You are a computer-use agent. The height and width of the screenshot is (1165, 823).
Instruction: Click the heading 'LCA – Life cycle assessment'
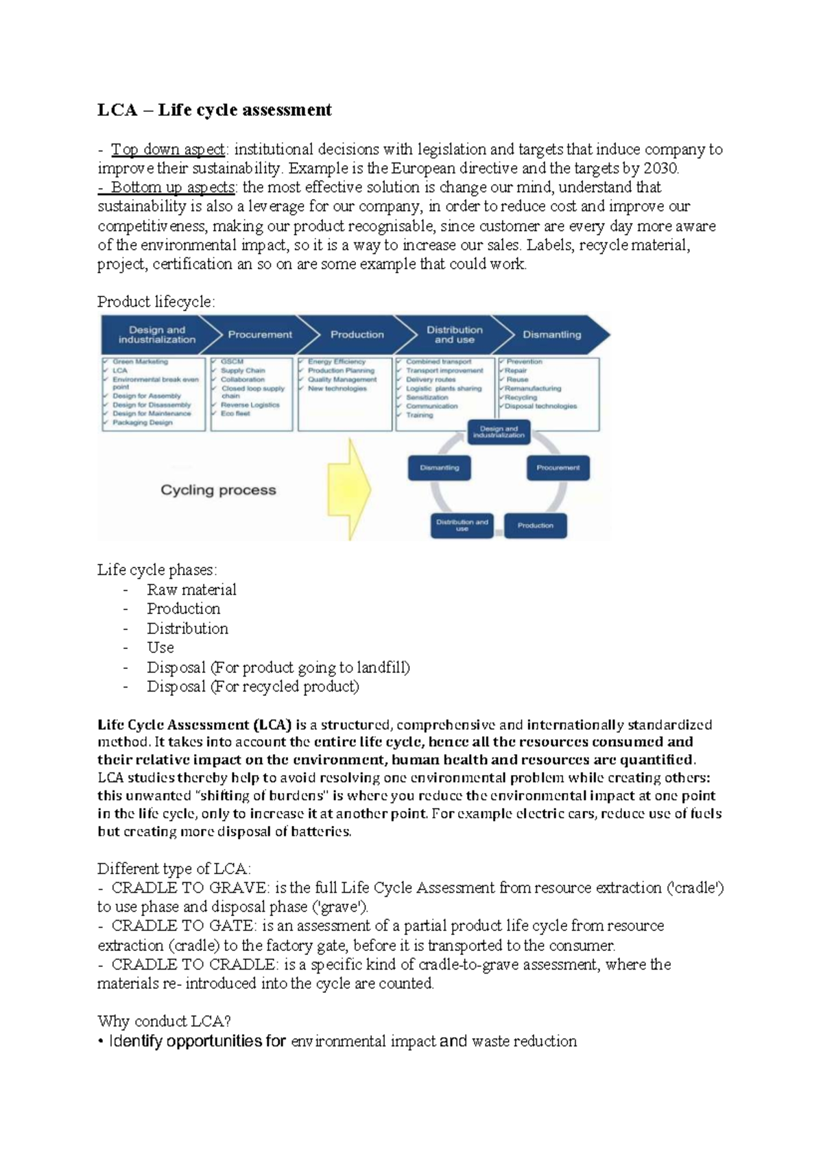[214, 110]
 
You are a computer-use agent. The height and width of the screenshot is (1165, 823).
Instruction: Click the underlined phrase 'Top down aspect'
[168, 149]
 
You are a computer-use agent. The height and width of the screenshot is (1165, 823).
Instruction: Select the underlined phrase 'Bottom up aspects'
[173, 187]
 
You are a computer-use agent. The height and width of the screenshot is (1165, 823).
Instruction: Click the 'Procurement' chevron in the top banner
[259, 335]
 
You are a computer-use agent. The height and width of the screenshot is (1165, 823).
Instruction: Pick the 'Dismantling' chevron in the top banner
[551, 335]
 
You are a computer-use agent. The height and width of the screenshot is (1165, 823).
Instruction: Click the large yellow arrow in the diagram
[349, 489]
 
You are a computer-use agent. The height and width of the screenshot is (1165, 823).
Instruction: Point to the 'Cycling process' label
[218, 490]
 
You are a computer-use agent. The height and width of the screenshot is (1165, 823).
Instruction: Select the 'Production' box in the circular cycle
[535, 526]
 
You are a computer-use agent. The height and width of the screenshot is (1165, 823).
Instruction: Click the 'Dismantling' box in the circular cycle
[439, 468]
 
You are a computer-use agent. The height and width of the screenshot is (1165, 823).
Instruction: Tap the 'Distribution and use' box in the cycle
[462, 526]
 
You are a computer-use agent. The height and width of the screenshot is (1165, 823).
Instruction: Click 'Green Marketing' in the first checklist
[140, 362]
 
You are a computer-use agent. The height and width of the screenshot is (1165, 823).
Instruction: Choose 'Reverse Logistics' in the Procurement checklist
[250, 405]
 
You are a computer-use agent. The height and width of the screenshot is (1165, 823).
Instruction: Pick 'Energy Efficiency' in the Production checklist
[336, 362]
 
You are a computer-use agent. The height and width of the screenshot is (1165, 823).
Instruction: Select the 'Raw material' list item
[191, 589]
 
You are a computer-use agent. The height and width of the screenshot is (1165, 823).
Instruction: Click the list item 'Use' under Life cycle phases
[160, 647]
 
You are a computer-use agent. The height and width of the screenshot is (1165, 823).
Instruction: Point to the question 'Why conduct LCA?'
[164, 1021]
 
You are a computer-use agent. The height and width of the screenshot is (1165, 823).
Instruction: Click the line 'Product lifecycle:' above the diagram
[156, 302]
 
